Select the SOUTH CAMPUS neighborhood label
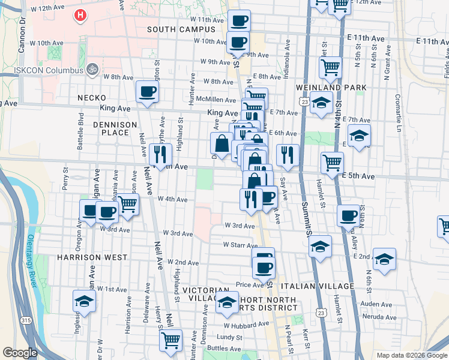point(175,29)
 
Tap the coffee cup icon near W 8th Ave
point(148,92)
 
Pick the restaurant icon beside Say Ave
point(288,155)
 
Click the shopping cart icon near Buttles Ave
point(171,340)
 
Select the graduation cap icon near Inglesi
point(84,301)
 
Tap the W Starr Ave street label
point(240,245)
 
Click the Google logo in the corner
point(20,353)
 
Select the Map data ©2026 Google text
point(411,355)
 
